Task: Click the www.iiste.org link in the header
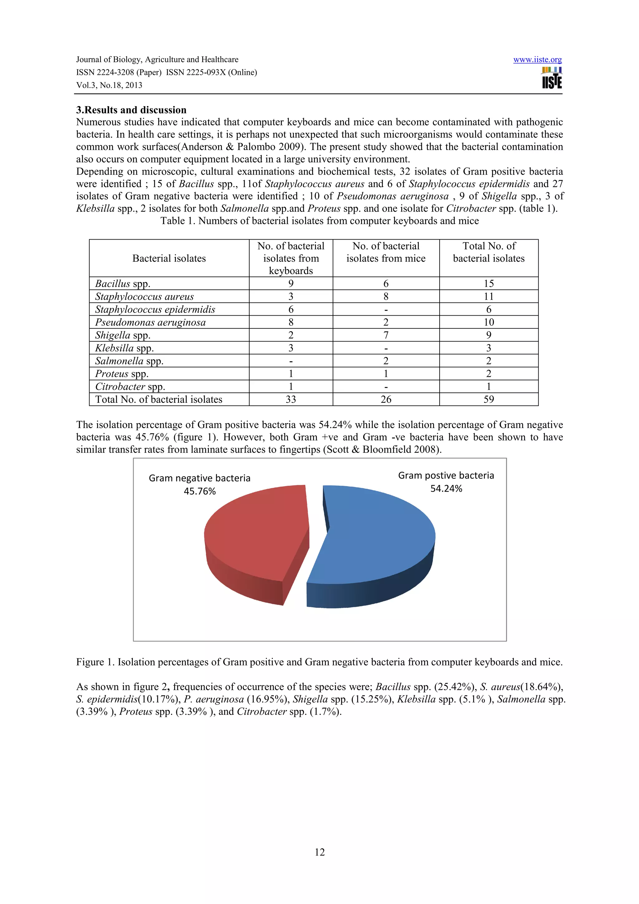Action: [x=537, y=60]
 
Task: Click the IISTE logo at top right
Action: [x=552, y=78]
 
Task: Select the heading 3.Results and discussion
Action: [x=131, y=110]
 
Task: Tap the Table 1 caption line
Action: [x=319, y=221]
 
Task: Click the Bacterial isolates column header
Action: [x=169, y=258]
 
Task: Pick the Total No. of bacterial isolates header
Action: [x=489, y=252]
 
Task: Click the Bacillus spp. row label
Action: [x=122, y=284]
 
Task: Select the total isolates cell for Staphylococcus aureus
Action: [x=489, y=296]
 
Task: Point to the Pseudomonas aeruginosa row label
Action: [x=150, y=323]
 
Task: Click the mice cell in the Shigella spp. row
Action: [x=386, y=335]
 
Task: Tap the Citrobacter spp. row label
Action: [x=130, y=386]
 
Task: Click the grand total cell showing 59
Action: [x=489, y=400]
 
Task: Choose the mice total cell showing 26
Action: [x=386, y=400]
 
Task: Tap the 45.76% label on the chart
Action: [x=200, y=491]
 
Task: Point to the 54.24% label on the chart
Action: [x=446, y=488]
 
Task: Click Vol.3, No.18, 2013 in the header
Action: [x=109, y=85]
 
